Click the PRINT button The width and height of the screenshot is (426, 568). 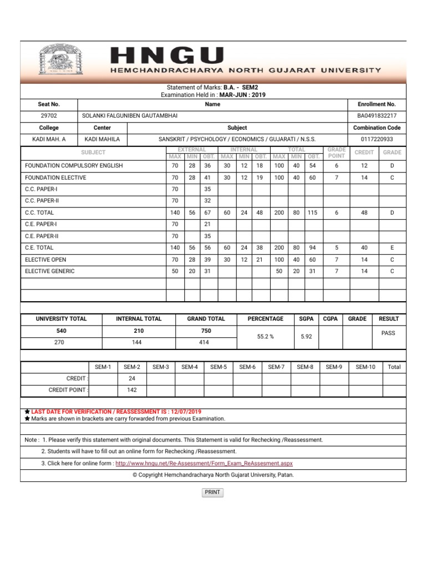point(212,492)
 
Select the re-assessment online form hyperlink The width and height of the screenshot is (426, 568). point(204,463)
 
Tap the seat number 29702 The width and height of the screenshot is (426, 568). point(49,116)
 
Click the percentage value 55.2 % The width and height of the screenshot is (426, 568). point(265,336)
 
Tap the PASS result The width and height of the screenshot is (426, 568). point(388,333)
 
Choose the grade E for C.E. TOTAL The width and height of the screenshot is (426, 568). point(392,248)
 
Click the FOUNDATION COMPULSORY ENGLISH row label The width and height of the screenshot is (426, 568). point(74,165)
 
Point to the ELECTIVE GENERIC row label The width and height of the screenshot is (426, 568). point(50,271)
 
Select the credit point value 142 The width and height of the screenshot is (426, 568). point(132,390)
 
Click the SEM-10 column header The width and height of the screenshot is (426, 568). point(366,367)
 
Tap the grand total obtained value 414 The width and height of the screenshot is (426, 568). point(205,343)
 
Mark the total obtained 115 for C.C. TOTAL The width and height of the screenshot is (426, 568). point(313,212)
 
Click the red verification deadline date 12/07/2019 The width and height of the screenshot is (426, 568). point(185,412)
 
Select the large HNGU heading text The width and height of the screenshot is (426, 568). point(168,55)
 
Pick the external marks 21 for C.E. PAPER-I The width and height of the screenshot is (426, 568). point(207,224)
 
